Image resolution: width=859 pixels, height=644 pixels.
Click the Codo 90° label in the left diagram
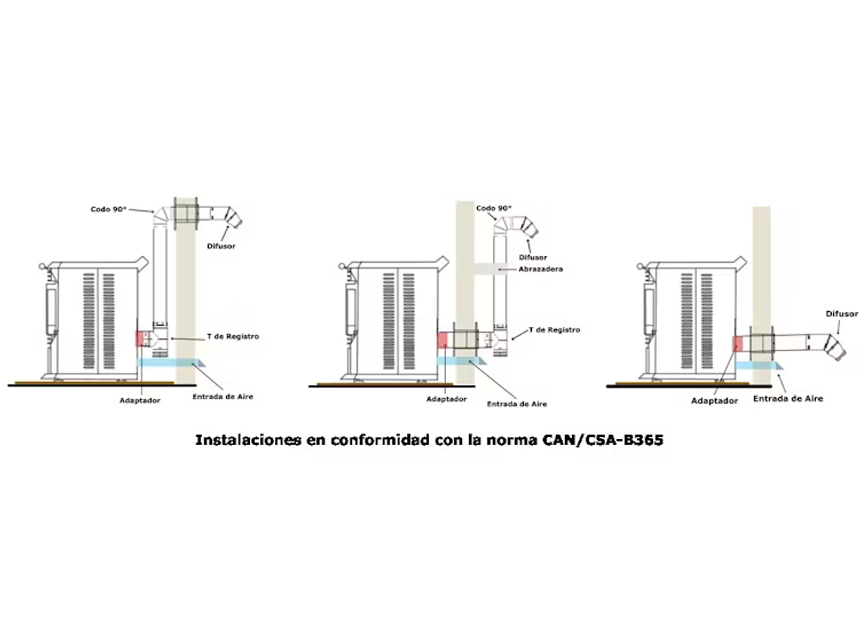pyautogui.click(x=108, y=209)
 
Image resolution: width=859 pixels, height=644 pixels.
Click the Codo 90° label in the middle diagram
pyautogui.click(x=494, y=208)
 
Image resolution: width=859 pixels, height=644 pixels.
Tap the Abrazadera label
pyautogui.click(x=540, y=269)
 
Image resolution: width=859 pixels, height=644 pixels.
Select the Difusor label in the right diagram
pyautogui.click(x=841, y=313)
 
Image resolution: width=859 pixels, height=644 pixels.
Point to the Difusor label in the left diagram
pyautogui.click(x=220, y=246)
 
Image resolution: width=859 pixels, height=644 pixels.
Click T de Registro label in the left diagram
pyautogui.click(x=233, y=337)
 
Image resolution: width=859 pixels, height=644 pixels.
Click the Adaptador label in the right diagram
pyautogui.click(x=714, y=401)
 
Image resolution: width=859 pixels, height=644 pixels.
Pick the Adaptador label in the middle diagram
pyautogui.click(x=446, y=399)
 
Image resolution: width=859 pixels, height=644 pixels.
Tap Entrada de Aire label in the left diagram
pyautogui.click(x=222, y=397)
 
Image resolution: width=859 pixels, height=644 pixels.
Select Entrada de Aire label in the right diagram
pyautogui.click(x=787, y=398)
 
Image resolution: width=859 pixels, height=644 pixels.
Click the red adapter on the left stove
pyautogui.click(x=140, y=339)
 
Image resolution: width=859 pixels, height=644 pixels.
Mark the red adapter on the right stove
pyautogui.click(x=738, y=343)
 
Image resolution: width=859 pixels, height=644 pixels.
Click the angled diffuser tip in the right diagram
pyautogui.click(x=835, y=346)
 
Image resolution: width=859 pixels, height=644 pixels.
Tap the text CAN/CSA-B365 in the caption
pyautogui.click(x=603, y=440)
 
